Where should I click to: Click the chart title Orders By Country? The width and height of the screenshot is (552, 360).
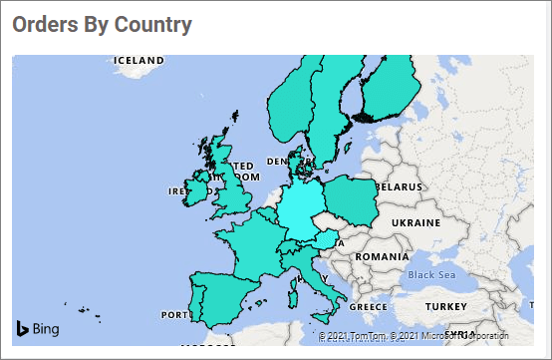point(102,24)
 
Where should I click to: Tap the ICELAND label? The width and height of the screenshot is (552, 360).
point(138,60)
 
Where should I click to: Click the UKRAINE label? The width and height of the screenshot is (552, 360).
point(415,220)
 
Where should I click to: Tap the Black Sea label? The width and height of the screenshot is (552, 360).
point(431,274)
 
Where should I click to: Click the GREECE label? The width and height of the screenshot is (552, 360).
point(368,306)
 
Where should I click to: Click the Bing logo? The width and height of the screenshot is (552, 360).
point(37,328)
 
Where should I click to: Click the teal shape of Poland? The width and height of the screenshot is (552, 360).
point(351,200)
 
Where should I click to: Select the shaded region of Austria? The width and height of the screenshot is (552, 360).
point(318,243)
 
